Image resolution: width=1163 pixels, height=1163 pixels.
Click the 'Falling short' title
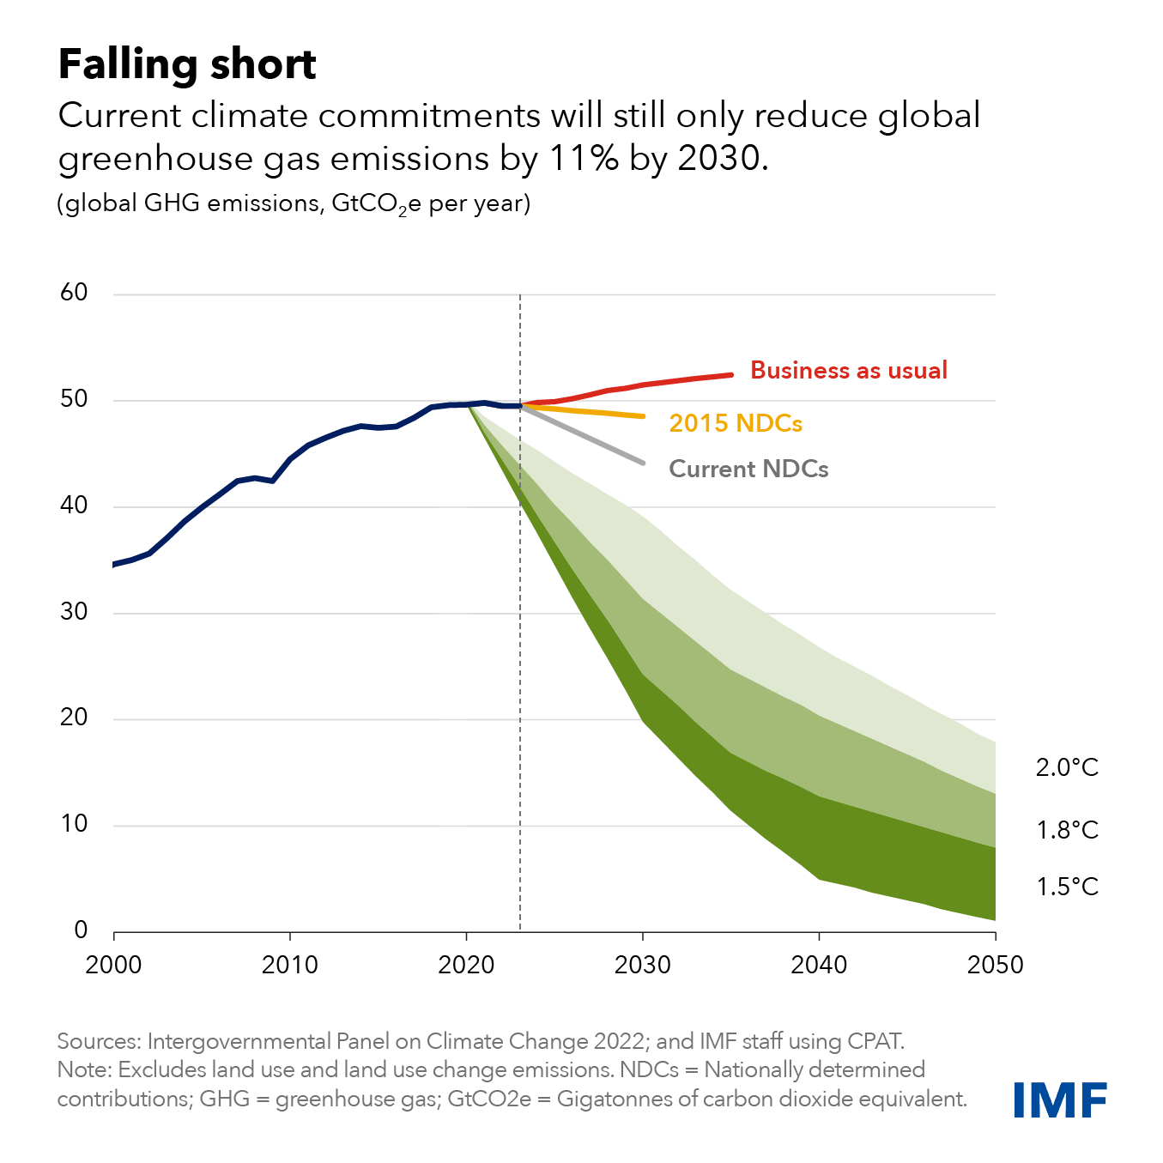click(187, 64)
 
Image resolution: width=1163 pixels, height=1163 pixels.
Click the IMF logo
click(1060, 1100)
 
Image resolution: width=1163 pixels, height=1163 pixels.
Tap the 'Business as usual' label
click(849, 370)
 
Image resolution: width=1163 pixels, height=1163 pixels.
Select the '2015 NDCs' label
click(736, 423)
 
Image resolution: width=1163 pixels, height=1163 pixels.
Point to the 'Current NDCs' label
click(748, 469)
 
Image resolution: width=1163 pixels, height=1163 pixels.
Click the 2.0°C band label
click(1067, 767)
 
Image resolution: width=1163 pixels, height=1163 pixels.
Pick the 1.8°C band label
click(1067, 830)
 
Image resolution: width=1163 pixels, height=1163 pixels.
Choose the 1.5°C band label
click(1067, 887)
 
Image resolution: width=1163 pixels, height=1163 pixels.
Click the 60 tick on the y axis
click(74, 293)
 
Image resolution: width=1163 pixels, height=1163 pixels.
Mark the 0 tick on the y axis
click(81, 930)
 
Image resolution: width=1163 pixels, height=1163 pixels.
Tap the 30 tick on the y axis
click(74, 612)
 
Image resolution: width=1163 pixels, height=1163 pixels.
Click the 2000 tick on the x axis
click(113, 965)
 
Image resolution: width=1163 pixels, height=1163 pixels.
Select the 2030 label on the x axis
click(643, 965)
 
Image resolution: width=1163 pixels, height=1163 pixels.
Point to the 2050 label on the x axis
click(996, 965)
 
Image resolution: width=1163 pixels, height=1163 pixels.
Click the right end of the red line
click(731, 374)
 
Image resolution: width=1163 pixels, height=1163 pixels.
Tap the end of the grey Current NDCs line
click(643, 463)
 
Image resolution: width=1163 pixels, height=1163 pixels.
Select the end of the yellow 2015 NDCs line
click(643, 416)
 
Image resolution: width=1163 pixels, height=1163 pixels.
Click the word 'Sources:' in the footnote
click(99, 1041)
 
